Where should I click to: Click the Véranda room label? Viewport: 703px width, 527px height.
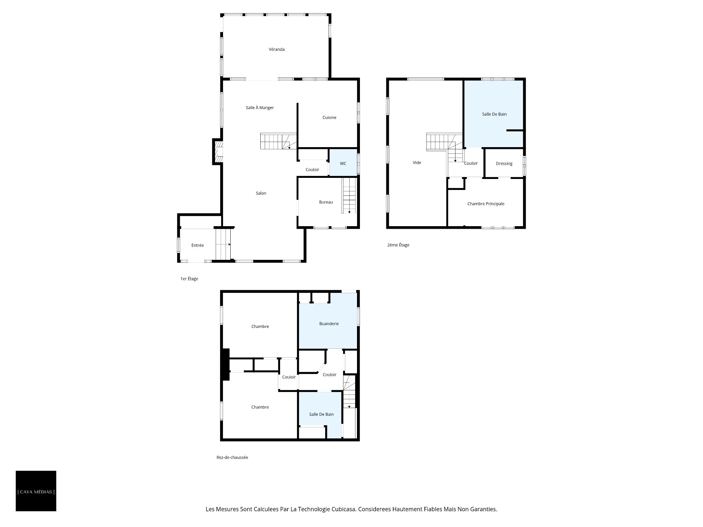pos(276,49)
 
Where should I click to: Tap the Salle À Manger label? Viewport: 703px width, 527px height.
pos(260,108)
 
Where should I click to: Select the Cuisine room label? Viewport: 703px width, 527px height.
pos(329,117)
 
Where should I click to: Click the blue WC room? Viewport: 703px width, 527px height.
pos(343,162)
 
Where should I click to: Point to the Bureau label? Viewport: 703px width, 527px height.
pos(326,202)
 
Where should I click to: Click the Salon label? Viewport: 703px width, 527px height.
pos(261,193)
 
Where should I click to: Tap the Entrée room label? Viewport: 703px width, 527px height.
pos(197,245)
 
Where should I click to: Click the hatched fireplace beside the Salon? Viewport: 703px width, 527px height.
pos(219,152)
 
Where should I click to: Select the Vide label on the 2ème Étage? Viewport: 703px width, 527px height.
pos(417,162)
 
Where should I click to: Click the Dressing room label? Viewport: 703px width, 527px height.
pos(504,164)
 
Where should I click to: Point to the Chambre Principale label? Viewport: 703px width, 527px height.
pos(486,204)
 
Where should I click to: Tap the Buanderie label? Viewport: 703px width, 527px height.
pos(329,324)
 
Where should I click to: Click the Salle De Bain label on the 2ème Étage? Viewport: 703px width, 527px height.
pos(494,114)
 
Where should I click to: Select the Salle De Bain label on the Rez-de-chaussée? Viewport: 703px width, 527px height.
pos(321,414)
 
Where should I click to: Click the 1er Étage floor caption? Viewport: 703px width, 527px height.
pos(189,279)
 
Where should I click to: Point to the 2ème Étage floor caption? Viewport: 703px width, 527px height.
pos(398,245)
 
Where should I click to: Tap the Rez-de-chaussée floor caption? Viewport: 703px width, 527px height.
pos(232,457)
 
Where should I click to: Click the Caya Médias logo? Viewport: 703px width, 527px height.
pos(36,491)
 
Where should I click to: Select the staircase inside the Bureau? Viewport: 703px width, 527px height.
pos(349,195)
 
